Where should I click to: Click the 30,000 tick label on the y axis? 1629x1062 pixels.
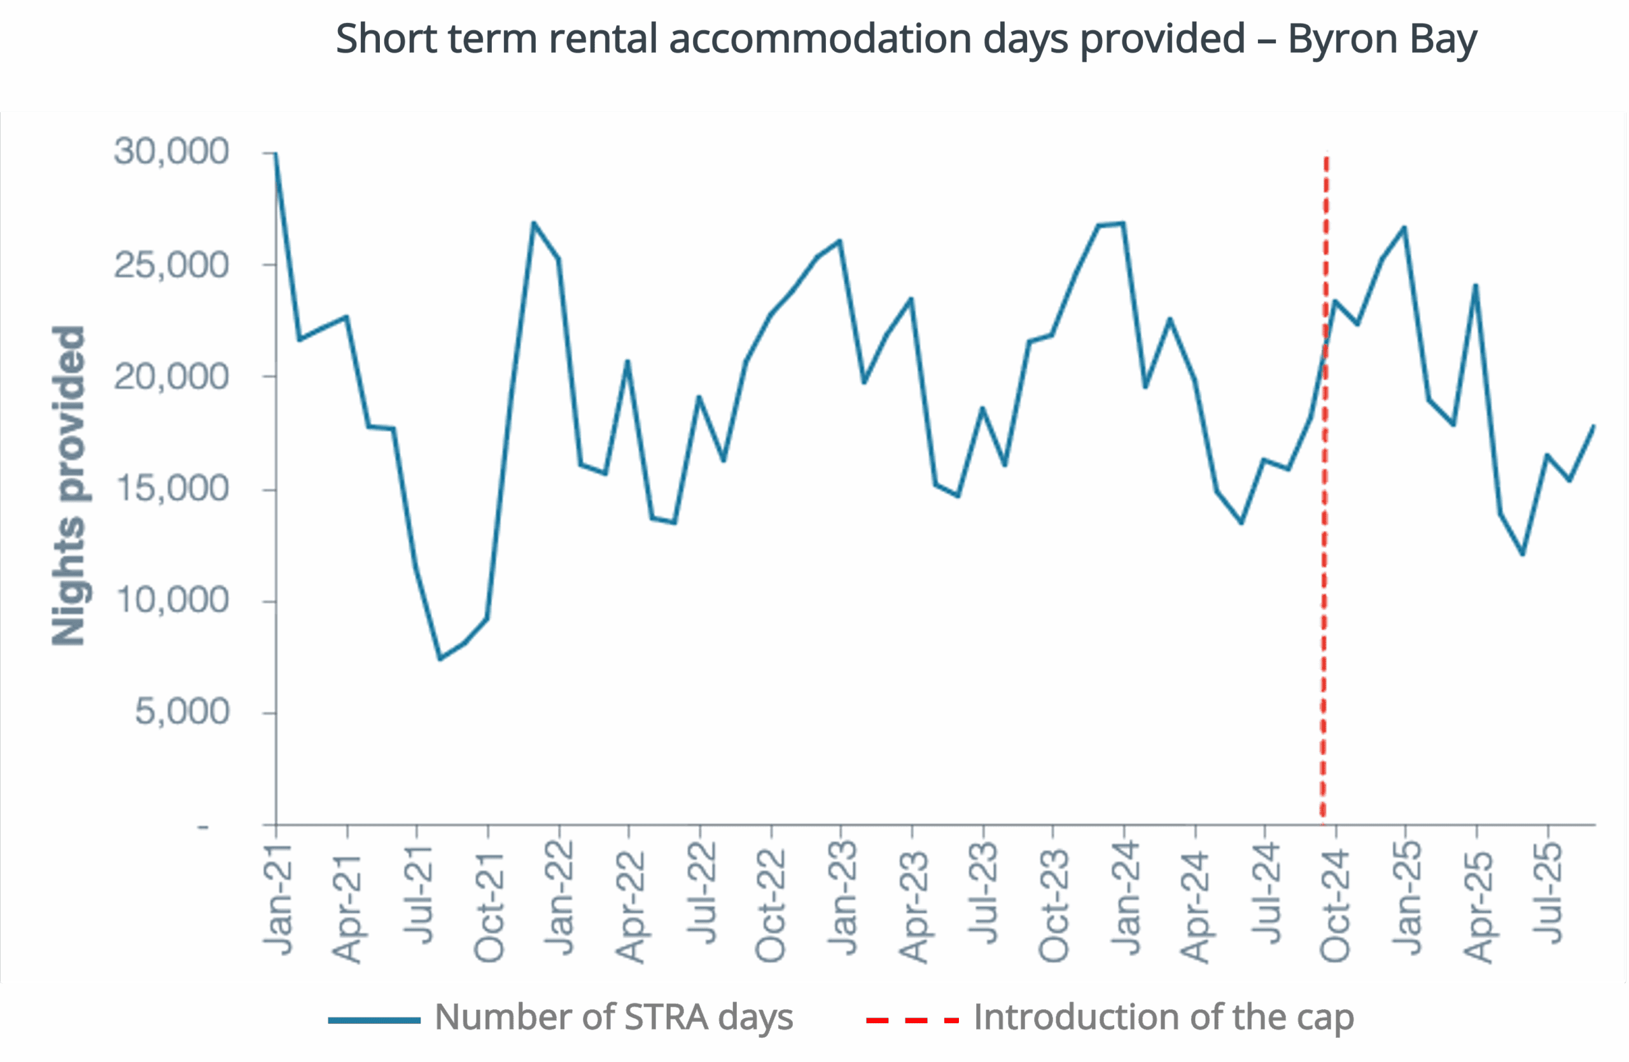point(171,151)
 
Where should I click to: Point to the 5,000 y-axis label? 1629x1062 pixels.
point(182,711)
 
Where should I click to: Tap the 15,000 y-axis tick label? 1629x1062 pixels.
point(171,489)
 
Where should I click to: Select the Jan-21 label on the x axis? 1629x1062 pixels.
point(279,899)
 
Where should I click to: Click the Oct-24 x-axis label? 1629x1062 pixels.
point(1334,905)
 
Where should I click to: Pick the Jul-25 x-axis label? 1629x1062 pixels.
point(1548,893)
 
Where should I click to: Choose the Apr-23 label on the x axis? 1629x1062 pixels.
point(913,906)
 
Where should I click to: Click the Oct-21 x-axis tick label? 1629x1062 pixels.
point(489,907)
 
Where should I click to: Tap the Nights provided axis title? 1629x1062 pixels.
point(69,486)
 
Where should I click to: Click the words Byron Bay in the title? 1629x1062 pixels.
point(1382,39)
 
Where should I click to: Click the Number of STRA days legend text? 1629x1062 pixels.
point(614,1017)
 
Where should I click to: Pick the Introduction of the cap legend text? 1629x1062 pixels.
point(1164,1017)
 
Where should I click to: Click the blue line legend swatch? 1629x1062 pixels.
point(374,1020)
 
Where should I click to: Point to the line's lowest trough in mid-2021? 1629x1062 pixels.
point(440,659)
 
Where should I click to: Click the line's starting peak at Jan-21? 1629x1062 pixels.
point(276,154)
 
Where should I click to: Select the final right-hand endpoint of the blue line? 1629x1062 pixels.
point(1594,426)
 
